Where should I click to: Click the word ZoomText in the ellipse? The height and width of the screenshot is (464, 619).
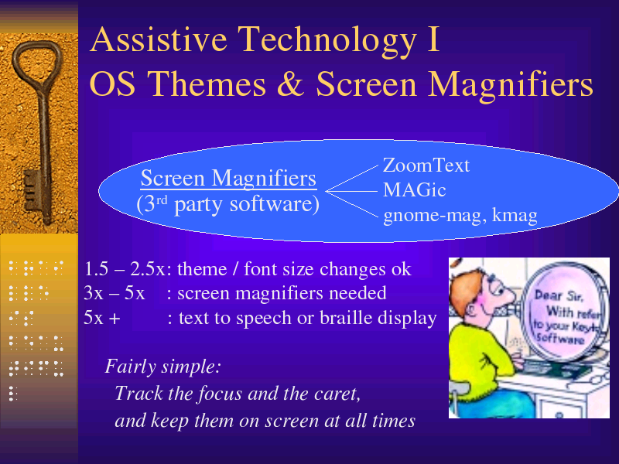click(426, 165)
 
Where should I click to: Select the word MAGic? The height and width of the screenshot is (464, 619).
click(415, 190)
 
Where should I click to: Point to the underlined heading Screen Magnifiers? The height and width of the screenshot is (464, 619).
click(228, 178)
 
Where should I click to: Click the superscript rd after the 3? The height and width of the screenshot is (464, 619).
click(162, 200)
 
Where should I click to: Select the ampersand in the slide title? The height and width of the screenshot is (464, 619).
click(290, 84)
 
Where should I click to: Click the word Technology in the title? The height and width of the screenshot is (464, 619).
click(327, 39)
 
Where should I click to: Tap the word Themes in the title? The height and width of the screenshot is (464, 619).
click(207, 84)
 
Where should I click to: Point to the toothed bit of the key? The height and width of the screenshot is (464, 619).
click(32, 189)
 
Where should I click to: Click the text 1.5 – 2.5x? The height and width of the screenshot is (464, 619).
click(125, 269)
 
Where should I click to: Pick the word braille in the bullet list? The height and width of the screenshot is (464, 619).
click(346, 318)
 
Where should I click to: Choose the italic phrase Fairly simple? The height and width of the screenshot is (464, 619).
click(162, 367)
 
